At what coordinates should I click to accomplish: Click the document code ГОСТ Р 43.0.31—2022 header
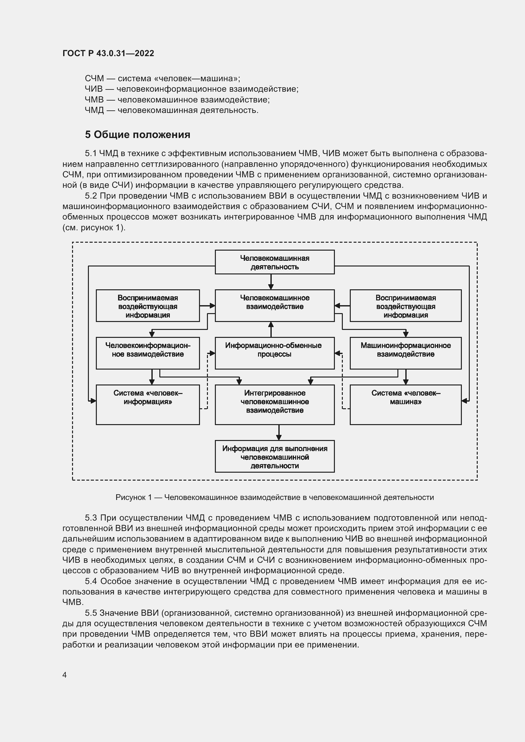pos(108,53)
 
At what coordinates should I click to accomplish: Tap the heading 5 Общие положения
pos(137,135)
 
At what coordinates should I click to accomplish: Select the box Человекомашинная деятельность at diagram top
pos(275,262)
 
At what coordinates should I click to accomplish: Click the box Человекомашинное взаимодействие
pos(275,305)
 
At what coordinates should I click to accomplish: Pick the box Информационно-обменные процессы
pos(275,353)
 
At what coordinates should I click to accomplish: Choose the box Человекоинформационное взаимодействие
pos(148,353)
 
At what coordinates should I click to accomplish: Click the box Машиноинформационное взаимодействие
pos(405,353)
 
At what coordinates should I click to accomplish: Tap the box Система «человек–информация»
pos(148,404)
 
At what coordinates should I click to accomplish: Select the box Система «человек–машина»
pos(405,404)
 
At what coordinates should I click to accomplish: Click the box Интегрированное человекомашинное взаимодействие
pos(275,404)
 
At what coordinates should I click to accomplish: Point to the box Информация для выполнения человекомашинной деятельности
pos(275,456)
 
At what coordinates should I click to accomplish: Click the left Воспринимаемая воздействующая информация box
pos(148,306)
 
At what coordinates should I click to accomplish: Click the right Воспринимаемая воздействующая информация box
pos(405,306)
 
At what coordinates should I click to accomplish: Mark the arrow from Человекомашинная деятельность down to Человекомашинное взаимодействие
pos(271,282)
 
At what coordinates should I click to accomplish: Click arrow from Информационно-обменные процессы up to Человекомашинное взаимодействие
pos(271,329)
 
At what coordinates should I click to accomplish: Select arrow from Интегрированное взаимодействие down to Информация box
pos(279,432)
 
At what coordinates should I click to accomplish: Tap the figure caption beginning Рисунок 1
pos(275,497)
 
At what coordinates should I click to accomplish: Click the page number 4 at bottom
pos(64,675)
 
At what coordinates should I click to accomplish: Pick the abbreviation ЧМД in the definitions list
pos(94,110)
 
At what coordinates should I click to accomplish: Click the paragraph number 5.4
pos(91,581)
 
